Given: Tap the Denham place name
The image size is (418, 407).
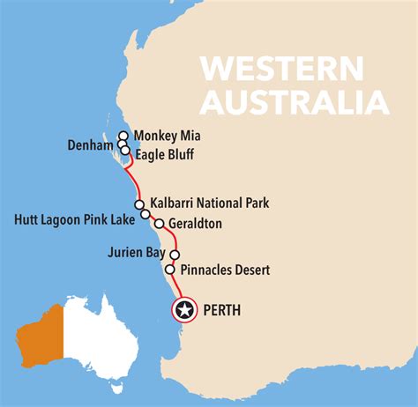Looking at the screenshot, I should [91, 144].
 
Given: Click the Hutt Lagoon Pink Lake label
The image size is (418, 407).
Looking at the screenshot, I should [75, 217].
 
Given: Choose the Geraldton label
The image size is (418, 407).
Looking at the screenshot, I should [199, 224].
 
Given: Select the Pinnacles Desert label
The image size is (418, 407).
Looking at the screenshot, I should [224, 270].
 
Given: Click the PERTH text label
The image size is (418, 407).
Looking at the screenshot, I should [221, 310].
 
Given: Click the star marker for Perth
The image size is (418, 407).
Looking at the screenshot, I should [184, 310].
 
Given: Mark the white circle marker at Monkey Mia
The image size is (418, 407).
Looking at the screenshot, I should [124, 137].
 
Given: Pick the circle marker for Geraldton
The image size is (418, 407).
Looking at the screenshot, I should [160, 224].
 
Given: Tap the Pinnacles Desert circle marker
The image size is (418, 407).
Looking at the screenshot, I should [169, 270].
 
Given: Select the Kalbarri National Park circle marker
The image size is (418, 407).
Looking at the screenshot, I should [139, 204].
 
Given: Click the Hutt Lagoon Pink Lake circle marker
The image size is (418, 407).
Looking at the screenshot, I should [145, 214].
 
